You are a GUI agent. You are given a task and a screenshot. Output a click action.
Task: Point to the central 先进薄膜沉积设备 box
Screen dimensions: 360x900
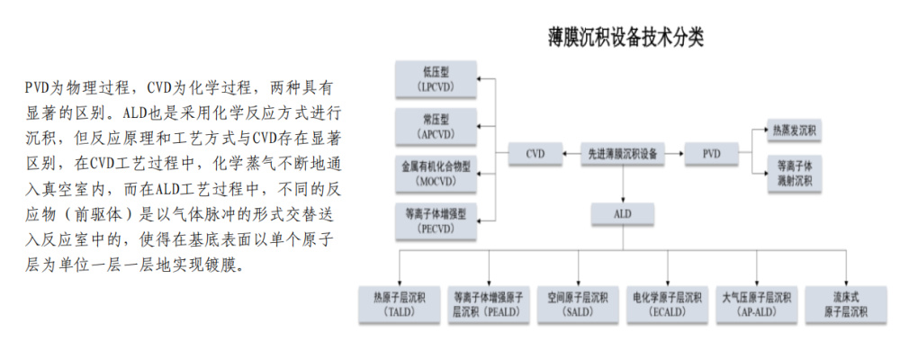(622, 155)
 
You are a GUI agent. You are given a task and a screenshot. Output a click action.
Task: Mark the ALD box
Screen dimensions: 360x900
(622, 214)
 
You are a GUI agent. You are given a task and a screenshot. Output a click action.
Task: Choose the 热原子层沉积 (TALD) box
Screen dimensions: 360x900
(399, 303)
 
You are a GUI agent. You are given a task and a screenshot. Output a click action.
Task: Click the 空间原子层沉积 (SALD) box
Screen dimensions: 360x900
(577, 303)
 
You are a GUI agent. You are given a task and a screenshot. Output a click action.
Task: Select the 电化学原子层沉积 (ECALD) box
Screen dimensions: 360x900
(666, 303)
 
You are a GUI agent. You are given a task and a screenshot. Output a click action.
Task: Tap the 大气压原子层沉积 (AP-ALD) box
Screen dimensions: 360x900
(756, 303)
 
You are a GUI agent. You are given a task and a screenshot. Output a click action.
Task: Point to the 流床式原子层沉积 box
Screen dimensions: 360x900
(845, 303)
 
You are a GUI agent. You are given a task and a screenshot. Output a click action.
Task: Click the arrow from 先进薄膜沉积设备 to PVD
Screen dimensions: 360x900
(674, 155)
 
